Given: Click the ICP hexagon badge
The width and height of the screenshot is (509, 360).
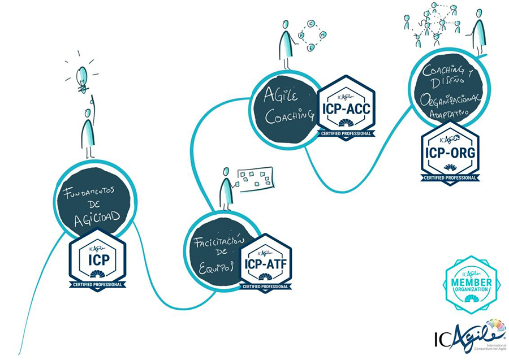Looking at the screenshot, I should coord(97,259).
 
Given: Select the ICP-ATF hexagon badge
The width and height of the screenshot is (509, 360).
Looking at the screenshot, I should coord(266,262).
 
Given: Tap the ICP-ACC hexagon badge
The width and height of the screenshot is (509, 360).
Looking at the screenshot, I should coord(346,105).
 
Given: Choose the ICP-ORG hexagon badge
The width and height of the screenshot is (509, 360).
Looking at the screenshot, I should coord(450,151).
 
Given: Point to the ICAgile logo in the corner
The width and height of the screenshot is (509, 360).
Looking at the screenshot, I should coord(469,336).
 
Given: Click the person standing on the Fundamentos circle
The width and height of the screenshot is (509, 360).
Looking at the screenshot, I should coord(88,131).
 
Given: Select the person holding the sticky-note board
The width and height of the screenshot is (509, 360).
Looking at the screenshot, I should coord(226,188).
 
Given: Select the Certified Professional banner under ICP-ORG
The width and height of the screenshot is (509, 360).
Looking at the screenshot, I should coord(450,178).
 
